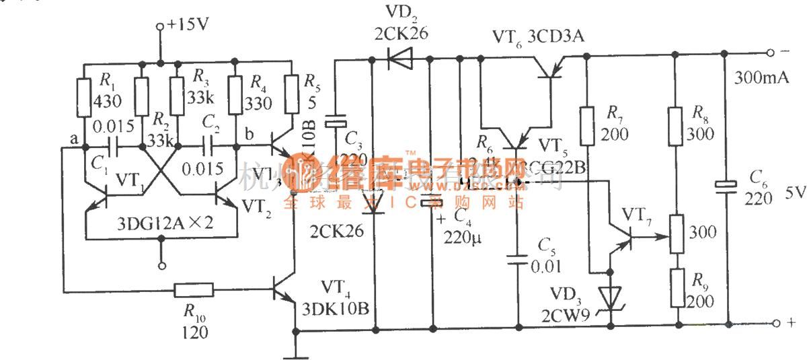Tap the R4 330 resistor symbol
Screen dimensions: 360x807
[x=235, y=94]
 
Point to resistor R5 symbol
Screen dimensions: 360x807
[x=291, y=94]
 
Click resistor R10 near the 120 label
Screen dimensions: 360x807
[x=194, y=291]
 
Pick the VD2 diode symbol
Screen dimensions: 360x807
[x=401, y=60]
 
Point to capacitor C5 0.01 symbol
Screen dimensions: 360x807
[x=517, y=260]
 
